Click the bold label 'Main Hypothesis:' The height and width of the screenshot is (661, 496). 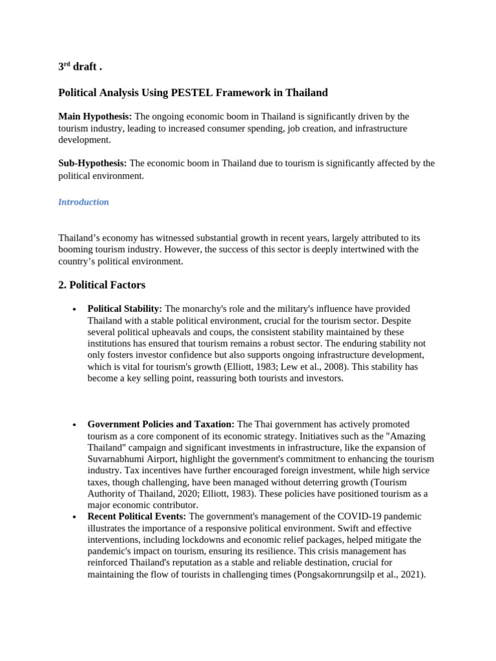point(95,116)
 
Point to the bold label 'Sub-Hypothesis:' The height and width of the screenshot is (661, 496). point(92,163)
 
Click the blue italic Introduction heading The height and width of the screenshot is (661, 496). point(83,202)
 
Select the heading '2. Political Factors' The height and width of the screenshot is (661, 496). point(101,285)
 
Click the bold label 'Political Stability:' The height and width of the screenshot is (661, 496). point(125,309)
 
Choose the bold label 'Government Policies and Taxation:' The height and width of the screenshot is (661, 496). point(161,424)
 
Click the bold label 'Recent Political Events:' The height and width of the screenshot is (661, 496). point(136,516)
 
